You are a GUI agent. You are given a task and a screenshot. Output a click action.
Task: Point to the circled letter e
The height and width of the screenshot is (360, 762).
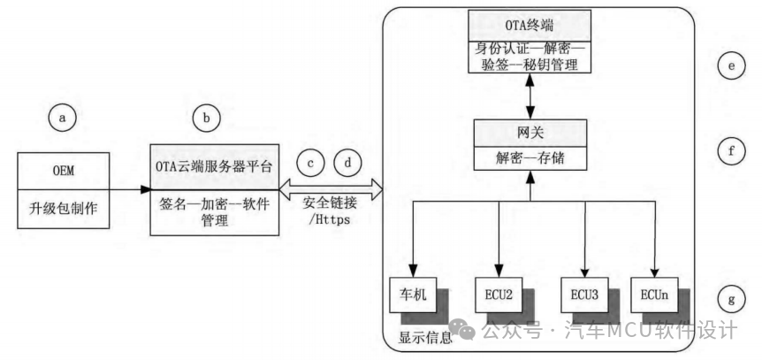(x=730, y=66)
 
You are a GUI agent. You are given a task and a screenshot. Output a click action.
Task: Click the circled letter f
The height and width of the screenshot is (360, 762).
(x=730, y=151)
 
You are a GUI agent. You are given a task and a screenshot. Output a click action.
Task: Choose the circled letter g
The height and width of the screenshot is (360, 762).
(x=730, y=300)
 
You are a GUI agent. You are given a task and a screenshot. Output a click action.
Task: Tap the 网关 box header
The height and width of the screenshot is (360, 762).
(x=531, y=134)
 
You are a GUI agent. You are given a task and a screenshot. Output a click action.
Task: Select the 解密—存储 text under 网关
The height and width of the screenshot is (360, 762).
(x=531, y=160)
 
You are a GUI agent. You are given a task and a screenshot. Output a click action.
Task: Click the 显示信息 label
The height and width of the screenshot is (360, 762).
(x=425, y=336)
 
